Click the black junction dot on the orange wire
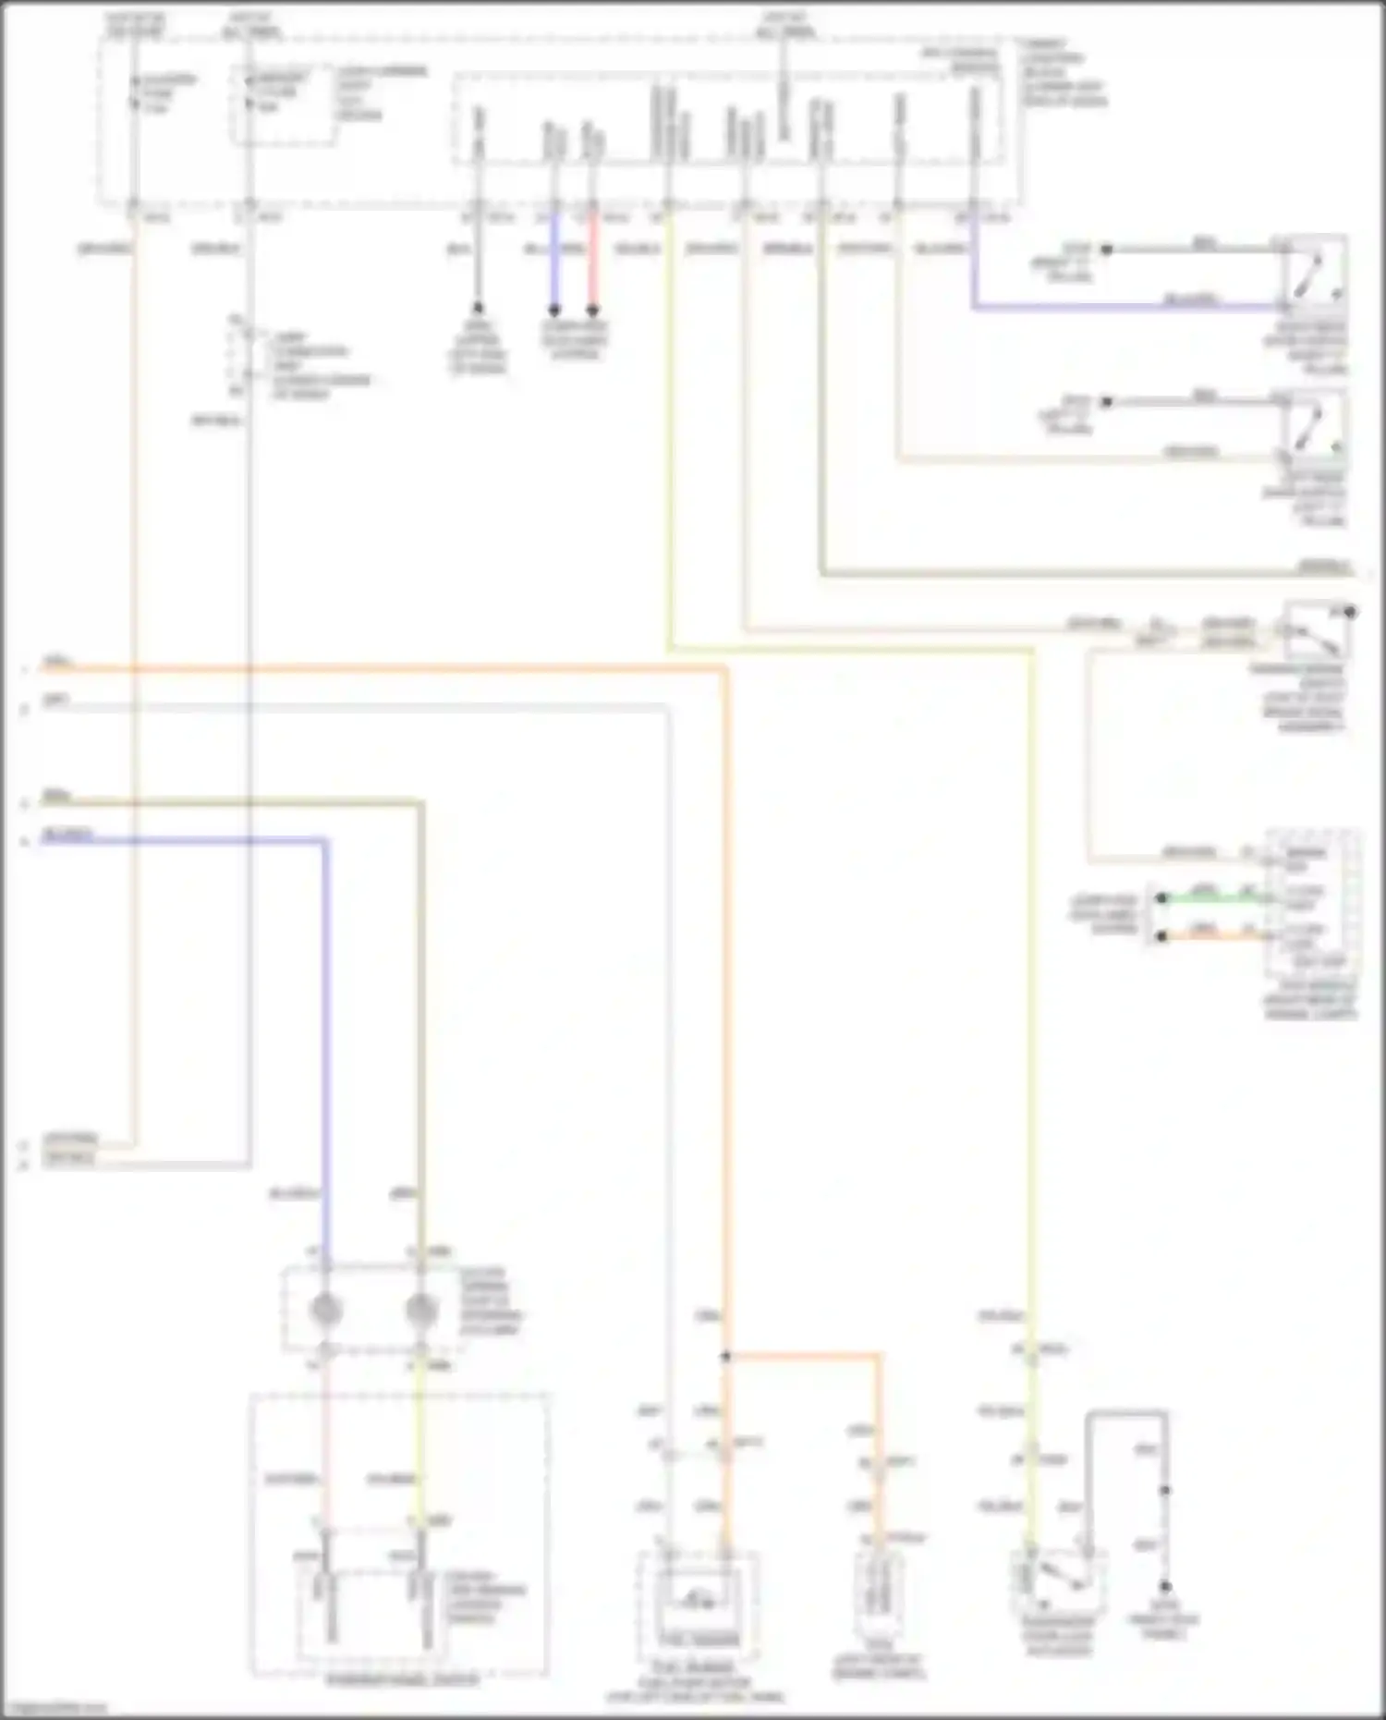[726, 1357]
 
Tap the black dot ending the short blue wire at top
[554, 310]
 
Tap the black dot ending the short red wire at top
[593, 310]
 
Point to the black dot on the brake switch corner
[1350, 612]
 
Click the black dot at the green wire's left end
[1162, 897]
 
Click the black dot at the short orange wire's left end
[1162, 936]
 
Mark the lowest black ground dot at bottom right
[1165, 1586]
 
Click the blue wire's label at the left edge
[67, 836]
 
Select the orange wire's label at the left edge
[57, 663]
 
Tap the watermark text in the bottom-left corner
[54, 1709]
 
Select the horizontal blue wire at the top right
[1123, 307]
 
